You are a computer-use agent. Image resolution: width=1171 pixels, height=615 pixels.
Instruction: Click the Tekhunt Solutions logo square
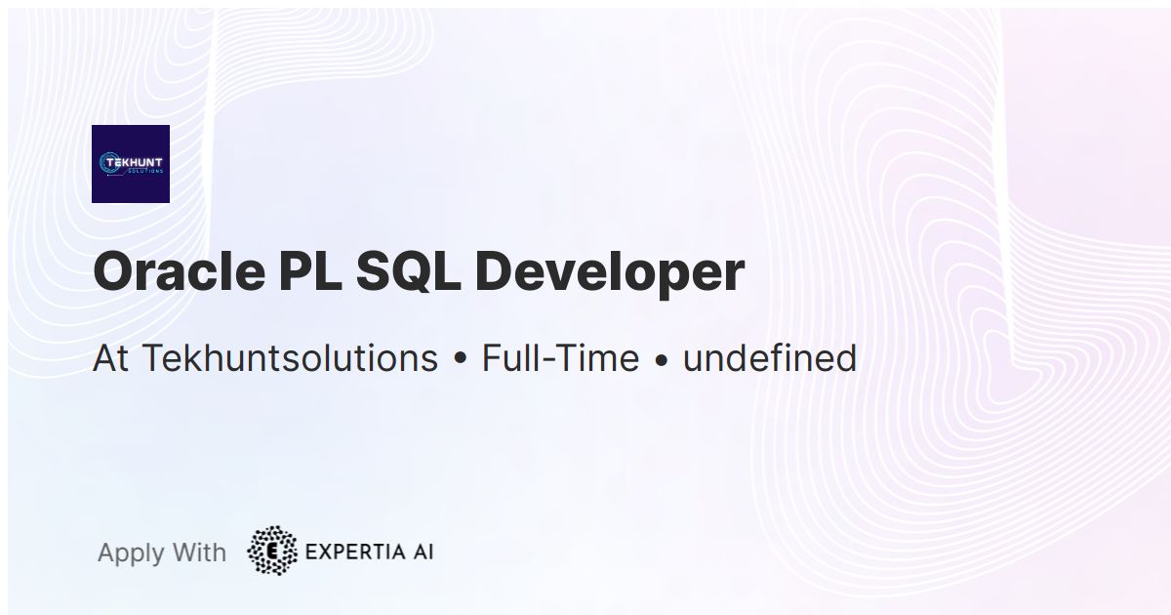[131, 164]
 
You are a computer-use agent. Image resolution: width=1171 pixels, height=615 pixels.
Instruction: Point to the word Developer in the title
[609, 273]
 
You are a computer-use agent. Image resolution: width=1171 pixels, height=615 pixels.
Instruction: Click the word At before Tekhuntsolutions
[111, 358]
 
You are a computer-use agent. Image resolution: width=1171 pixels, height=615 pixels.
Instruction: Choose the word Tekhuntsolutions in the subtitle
[290, 359]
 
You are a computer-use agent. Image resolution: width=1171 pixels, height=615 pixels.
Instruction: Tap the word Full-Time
[560, 358]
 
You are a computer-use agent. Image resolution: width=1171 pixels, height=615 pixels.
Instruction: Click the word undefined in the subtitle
[769, 358]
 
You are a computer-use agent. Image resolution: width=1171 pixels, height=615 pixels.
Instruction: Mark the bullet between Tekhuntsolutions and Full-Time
[461, 360]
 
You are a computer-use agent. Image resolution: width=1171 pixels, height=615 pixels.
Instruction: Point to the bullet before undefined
[662, 360]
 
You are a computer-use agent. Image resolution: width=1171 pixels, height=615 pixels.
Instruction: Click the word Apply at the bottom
[131, 553]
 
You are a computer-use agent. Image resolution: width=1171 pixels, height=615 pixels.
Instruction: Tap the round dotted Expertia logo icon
[272, 551]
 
